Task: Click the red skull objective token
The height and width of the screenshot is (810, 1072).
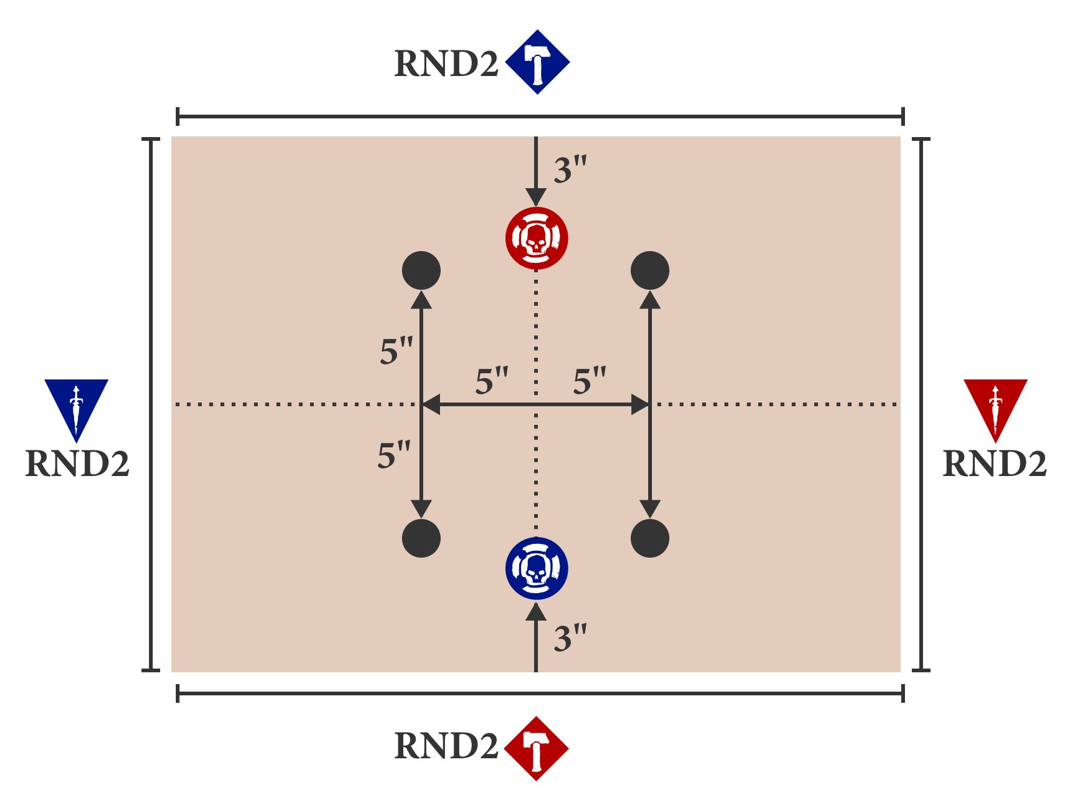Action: click(537, 238)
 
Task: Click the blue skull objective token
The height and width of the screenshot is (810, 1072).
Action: click(537, 568)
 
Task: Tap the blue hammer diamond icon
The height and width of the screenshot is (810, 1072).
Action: click(537, 62)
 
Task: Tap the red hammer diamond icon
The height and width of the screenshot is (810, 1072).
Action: click(536, 748)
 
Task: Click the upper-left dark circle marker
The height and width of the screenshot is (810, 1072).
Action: click(421, 270)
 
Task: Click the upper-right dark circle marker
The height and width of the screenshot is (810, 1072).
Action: click(650, 270)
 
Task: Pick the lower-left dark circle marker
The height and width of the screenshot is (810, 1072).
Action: click(421, 538)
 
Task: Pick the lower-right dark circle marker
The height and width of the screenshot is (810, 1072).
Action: click(650, 538)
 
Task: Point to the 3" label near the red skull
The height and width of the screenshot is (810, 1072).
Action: click(570, 170)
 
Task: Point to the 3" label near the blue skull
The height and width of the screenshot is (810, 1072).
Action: click(570, 639)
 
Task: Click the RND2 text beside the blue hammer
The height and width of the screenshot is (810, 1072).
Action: click(446, 64)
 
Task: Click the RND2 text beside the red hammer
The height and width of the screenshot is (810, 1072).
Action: click(446, 746)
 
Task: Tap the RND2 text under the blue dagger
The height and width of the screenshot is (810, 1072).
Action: click(77, 464)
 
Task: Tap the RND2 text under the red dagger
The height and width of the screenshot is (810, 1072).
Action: click(995, 464)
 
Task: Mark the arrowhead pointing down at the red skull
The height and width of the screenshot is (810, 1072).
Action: click(536, 197)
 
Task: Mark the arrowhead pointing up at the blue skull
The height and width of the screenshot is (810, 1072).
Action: click(536, 612)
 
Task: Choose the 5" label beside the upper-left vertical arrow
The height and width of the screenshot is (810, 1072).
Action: click(396, 351)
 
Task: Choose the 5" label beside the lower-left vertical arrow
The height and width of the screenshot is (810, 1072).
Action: click(394, 455)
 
